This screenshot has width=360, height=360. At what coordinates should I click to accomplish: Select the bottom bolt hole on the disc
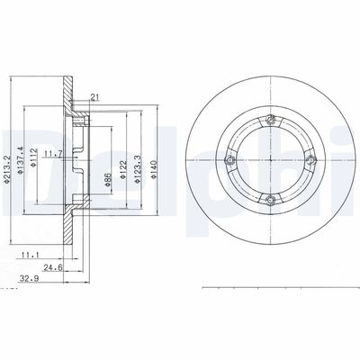[271, 202]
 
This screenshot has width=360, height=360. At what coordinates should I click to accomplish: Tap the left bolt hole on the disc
[230, 160]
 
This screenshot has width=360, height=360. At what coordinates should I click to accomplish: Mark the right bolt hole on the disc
[311, 160]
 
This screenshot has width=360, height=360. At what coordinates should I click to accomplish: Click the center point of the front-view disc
[271, 160]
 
